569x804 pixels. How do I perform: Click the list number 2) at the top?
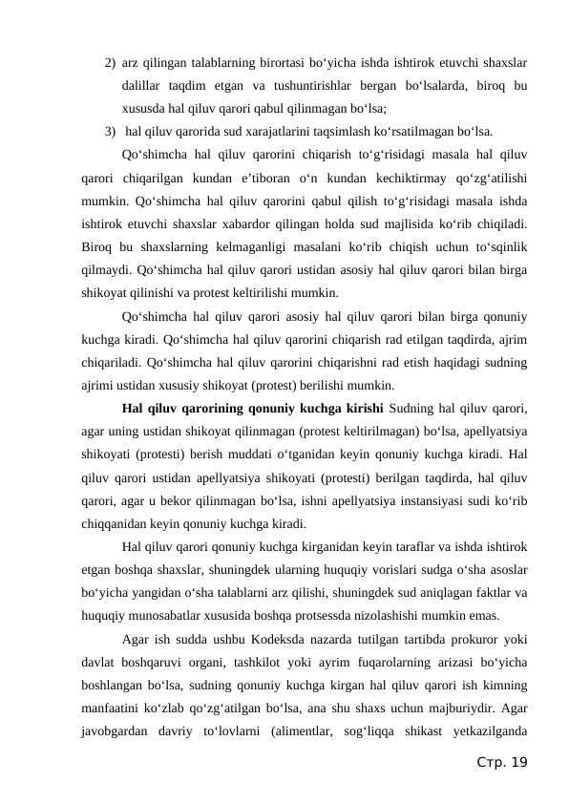click(111, 64)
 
